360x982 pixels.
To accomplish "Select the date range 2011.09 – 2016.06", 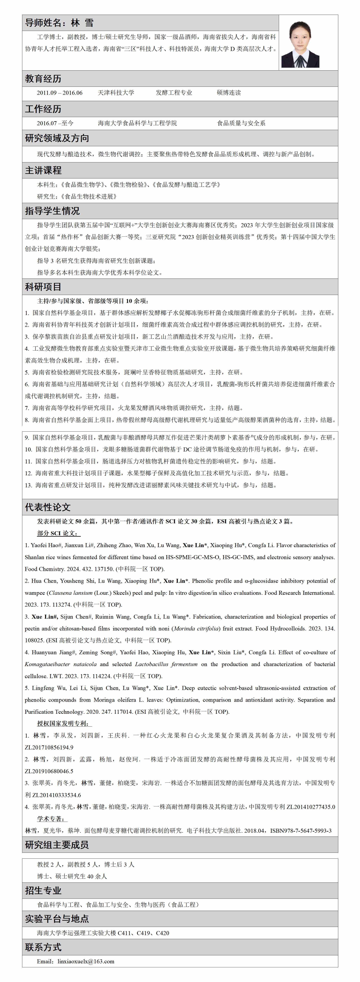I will click(x=59, y=93).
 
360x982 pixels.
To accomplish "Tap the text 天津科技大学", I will click(x=116, y=93).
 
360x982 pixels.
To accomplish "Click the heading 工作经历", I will click(x=43, y=109).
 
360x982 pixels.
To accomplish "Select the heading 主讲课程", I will click(x=43, y=170).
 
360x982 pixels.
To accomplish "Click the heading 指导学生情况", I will click(x=52, y=211).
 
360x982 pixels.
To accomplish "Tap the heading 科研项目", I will click(x=43, y=287).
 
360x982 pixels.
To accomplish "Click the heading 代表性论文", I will click(x=48, y=507).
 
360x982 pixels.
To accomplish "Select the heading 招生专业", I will click(x=43, y=890).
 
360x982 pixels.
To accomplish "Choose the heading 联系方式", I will click(x=43, y=947).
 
